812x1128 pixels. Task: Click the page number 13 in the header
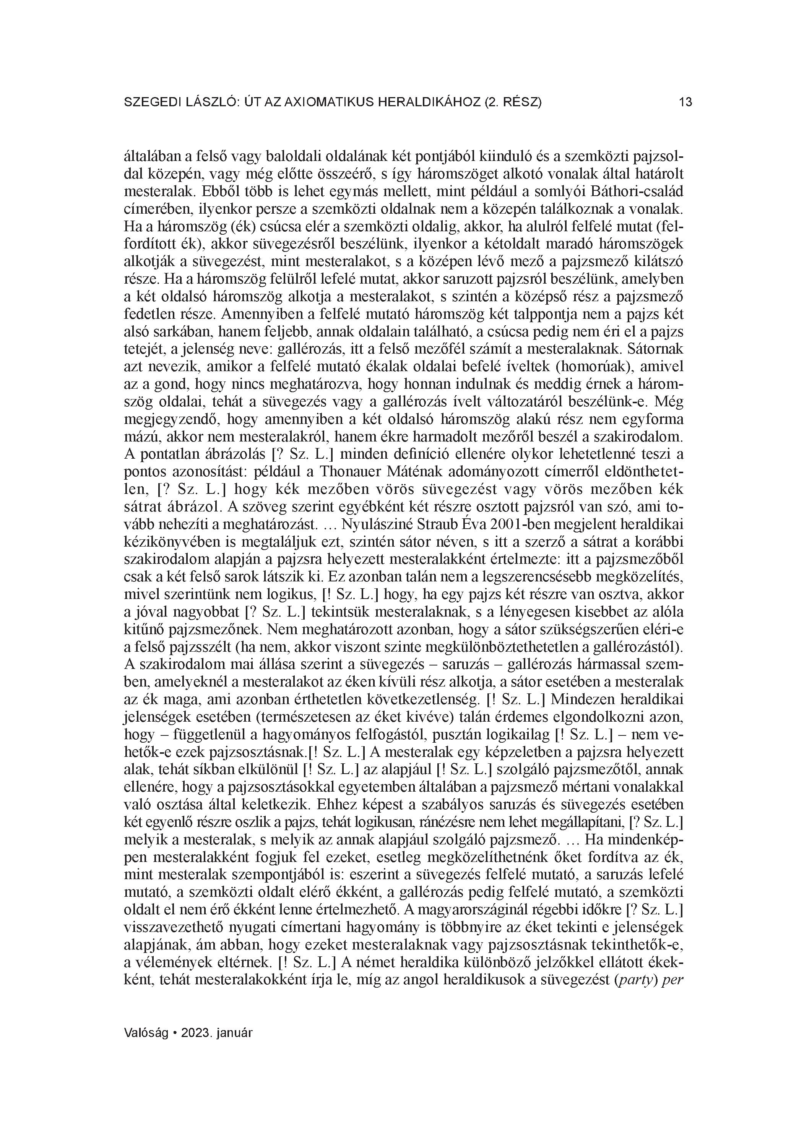click(685, 102)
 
